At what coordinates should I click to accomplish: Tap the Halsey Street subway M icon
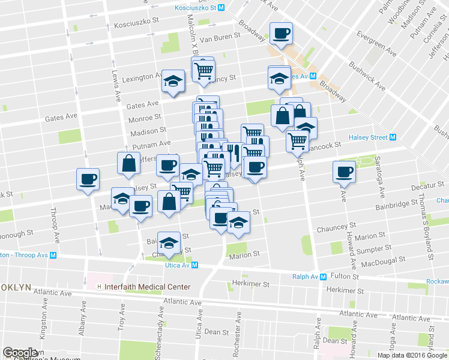[393, 137]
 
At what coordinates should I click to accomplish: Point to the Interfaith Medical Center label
[147, 287]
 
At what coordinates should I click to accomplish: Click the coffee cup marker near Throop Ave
[88, 178]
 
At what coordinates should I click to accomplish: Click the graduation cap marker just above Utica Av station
[169, 242]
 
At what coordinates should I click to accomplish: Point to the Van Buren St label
[220, 36]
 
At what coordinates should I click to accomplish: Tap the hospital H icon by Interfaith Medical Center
[99, 287]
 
